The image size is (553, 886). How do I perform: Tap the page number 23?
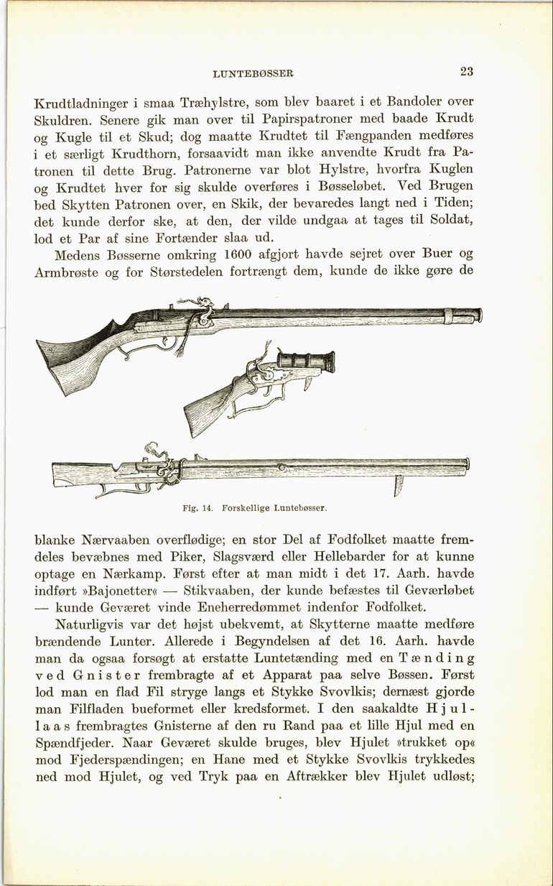[466, 71]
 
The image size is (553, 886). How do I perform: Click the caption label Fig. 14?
[198, 508]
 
